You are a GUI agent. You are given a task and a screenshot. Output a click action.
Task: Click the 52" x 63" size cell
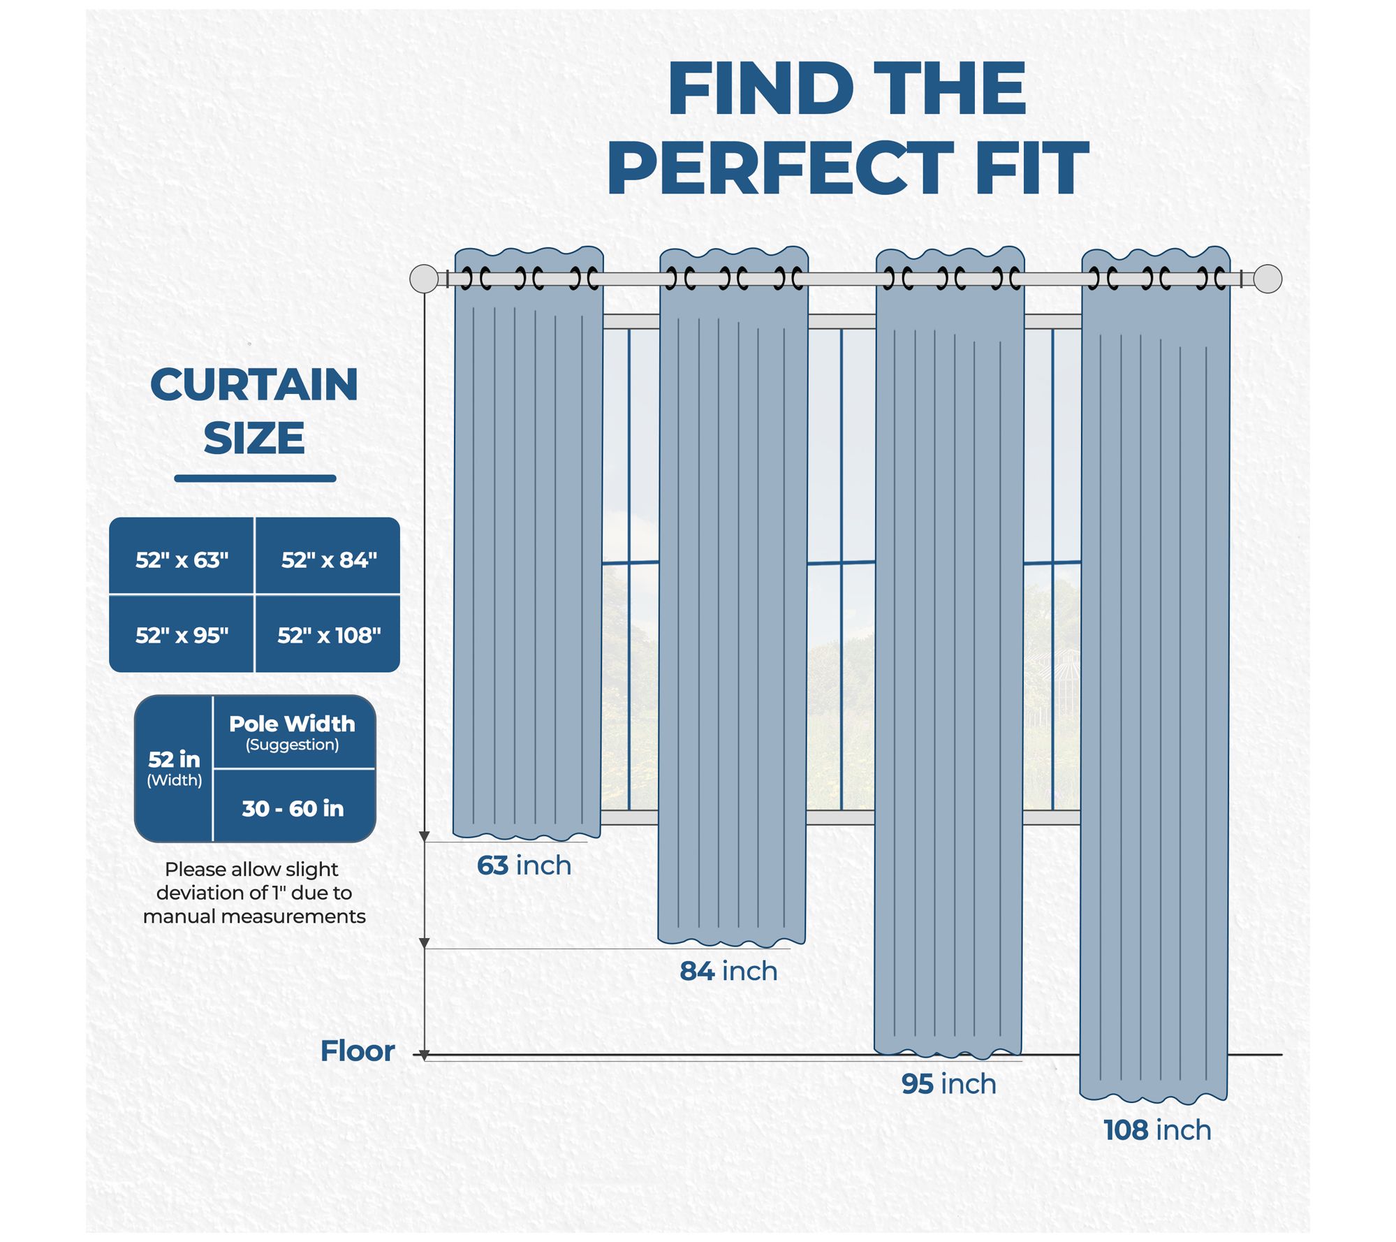point(182,560)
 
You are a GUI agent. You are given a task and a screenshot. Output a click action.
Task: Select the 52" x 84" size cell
point(328,560)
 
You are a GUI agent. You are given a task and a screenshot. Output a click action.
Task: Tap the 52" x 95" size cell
point(182,636)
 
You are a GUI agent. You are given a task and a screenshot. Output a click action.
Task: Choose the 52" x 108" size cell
point(328,636)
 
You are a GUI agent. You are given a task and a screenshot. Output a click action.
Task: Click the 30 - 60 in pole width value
point(293,809)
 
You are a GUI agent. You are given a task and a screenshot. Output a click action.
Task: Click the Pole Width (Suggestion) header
point(292,731)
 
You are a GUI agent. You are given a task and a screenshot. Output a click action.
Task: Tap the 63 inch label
point(524,865)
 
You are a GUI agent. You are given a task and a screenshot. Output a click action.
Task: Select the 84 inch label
point(728,971)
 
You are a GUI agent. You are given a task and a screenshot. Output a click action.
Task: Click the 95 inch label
point(948,1083)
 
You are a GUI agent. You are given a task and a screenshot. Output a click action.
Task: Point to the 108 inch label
point(1156,1130)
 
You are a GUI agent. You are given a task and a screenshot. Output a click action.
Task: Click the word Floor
point(357,1051)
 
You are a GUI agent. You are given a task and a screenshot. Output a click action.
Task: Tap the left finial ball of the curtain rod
point(423,279)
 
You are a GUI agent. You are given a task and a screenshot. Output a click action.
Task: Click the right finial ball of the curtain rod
point(1268,279)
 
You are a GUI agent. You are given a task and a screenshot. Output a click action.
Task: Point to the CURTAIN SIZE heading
point(254,411)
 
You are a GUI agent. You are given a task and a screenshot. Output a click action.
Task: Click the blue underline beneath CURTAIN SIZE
point(255,478)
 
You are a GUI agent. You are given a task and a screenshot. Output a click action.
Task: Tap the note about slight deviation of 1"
point(254,893)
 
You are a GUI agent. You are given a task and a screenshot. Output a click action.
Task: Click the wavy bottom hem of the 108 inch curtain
point(1154,1097)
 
